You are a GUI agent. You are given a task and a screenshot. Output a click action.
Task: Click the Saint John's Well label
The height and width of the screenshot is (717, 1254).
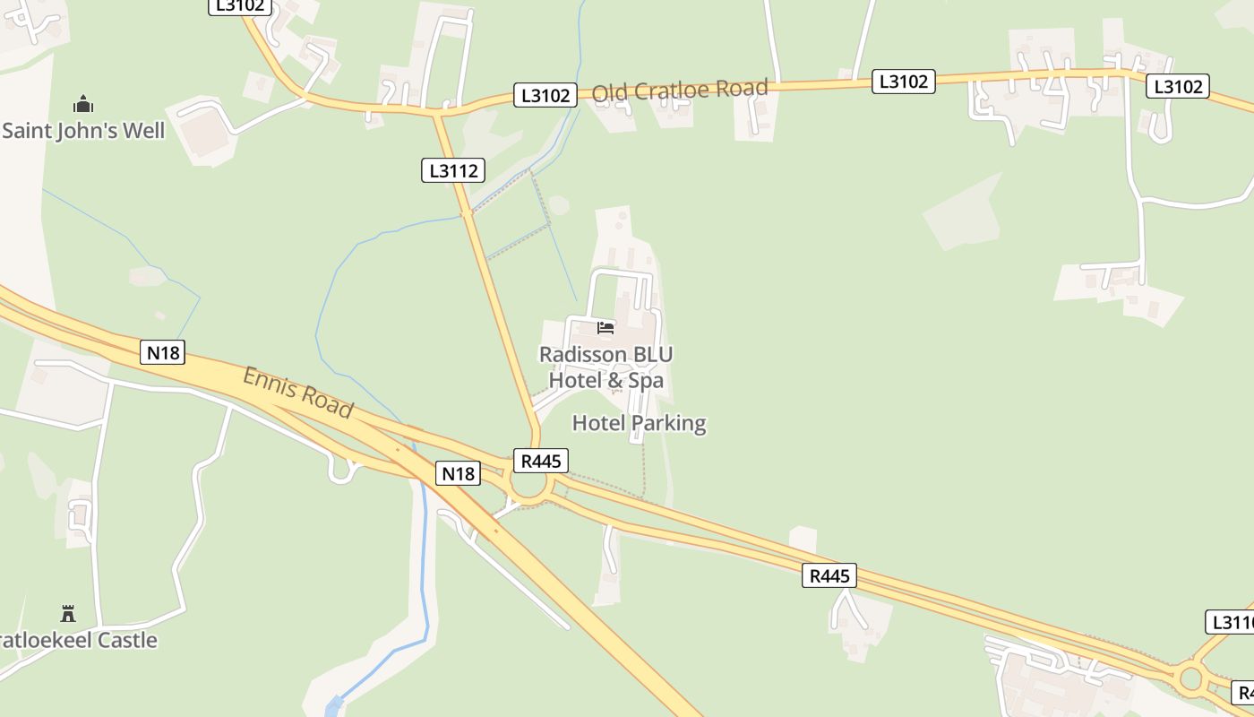[83, 131]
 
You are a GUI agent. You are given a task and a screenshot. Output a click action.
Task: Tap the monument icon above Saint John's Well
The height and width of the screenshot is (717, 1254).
[83, 104]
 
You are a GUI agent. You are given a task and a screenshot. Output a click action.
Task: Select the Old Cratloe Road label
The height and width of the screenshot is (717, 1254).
[680, 90]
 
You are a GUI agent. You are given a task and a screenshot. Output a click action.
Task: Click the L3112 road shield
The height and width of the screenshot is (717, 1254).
[453, 170]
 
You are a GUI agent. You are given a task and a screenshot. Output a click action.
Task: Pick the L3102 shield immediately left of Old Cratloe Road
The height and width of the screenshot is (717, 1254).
[545, 95]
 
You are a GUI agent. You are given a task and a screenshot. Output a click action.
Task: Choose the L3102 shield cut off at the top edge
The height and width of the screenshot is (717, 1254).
[240, 5]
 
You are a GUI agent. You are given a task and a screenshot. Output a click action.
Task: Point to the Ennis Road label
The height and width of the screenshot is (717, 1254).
[298, 392]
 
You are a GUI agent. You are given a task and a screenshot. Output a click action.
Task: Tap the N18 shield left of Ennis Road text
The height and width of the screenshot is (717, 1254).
[163, 352]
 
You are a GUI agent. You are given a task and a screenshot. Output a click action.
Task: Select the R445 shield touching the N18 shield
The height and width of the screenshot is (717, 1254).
[541, 461]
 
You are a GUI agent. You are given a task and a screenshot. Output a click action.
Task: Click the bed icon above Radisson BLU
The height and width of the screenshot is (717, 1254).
[606, 328]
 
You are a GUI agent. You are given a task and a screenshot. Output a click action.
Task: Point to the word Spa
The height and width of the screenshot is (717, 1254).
[646, 380]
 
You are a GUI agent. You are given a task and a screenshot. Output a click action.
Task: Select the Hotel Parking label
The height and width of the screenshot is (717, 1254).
[639, 423]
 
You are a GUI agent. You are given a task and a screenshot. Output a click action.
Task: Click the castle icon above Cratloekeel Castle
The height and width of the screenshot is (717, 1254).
[68, 614]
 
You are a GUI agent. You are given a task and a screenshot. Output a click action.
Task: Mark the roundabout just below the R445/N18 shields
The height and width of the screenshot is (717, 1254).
[528, 488]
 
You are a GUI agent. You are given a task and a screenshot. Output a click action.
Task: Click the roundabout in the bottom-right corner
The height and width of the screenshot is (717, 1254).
[1190, 678]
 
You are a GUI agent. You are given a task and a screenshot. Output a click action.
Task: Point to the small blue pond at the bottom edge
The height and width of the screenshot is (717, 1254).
[334, 705]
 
